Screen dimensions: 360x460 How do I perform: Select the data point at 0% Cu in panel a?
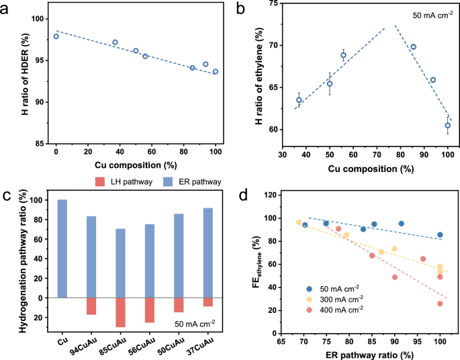(56, 36)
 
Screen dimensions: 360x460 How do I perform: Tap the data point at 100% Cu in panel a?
(216, 71)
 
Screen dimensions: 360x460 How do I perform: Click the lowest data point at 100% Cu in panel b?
(447, 126)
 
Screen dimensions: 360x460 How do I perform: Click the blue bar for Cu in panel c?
(62, 249)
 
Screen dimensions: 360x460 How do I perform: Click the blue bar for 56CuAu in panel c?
(150, 261)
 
